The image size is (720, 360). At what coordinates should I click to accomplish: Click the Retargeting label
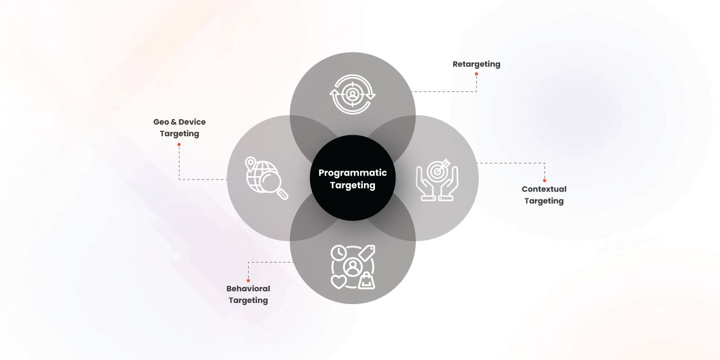click(476, 64)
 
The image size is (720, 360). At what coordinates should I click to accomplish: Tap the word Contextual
click(544, 189)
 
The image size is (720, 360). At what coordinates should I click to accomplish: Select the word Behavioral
click(248, 289)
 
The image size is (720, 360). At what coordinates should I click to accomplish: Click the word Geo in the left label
click(161, 122)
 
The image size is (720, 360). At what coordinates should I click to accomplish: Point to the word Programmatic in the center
click(353, 173)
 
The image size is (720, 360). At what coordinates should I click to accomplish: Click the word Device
click(192, 122)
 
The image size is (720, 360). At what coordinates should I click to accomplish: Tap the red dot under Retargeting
click(476, 74)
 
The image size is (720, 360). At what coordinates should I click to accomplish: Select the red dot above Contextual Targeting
click(544, 181)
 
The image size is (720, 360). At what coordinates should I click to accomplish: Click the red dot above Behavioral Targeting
click(248, 281)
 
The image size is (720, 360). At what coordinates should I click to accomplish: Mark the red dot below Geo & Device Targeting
click(179, 145)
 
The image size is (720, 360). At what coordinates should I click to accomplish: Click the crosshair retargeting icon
click(353, 95)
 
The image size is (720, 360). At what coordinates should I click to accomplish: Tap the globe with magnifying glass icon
click(266, 178)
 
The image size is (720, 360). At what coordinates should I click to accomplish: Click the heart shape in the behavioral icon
click(338, 281)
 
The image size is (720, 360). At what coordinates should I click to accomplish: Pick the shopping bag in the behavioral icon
click(367, 281)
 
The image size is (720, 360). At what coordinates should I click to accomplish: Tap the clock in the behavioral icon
click(339, 253)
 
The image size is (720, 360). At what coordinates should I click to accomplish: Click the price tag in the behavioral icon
click(367, 253)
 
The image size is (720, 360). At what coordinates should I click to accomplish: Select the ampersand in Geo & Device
click(174, 122)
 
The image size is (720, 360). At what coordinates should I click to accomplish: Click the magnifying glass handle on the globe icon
click(282, 194)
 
